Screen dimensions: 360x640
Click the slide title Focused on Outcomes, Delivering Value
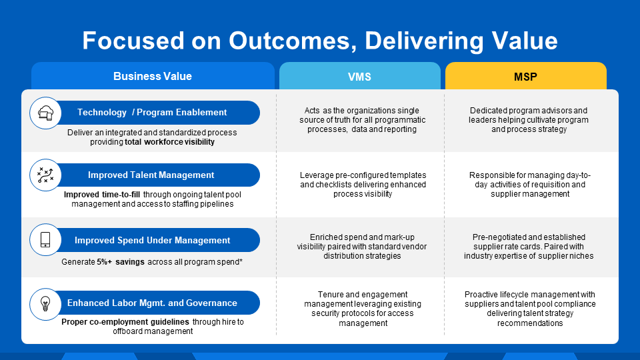[319, 41]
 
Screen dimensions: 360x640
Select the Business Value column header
[153, 76]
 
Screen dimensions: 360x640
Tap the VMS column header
[359, 77]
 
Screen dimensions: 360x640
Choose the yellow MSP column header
[525, 77]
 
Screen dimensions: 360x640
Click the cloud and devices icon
[45, 113]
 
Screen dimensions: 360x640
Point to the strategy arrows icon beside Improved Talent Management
[45, 175]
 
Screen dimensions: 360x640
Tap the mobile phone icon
[45, 240]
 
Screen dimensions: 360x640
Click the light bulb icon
[45, 303]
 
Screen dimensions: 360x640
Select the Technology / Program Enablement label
[152, 113]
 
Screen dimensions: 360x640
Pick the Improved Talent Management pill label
[151, 175]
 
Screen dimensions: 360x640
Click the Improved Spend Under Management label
[152, 240]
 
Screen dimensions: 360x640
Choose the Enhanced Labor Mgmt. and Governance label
[152, 303]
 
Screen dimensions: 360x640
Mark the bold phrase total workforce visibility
[169, 142]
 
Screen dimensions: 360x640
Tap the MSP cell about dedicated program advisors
[529, 120]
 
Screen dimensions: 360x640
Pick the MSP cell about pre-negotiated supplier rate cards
[529, 246]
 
